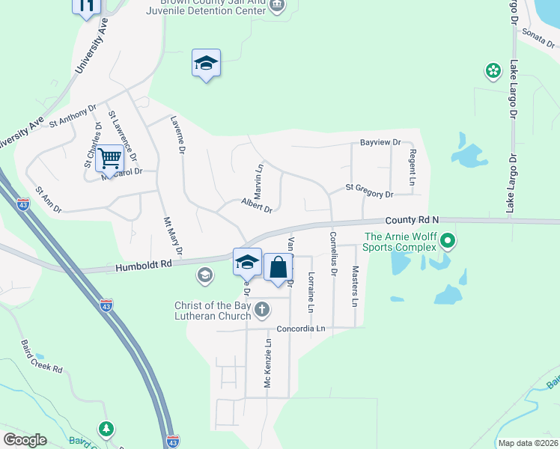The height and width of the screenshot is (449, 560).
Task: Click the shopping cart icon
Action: (x=110, y=159)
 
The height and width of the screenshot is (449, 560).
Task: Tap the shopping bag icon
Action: (x=278, y=267)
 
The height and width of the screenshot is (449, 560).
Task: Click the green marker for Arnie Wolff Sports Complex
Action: (x=448, y=241)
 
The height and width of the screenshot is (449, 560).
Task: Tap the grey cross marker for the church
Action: (x=261, y=309)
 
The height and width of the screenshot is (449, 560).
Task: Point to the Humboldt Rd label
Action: (x=144, y=265)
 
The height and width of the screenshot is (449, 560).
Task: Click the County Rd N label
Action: (x=412, y=220)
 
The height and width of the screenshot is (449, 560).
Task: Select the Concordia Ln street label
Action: (x=302, y=329)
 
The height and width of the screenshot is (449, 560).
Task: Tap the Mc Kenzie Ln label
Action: (x=267, y=365)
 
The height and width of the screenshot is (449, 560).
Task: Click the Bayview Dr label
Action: (x=380, y=142)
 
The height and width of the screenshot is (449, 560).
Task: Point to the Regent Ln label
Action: (x=412, y=166)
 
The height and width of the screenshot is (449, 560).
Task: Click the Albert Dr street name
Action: (x=256, y=204)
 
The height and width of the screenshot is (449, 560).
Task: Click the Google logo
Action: (x=25, y=440)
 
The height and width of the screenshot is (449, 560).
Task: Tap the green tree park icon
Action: (x=107, y=429)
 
